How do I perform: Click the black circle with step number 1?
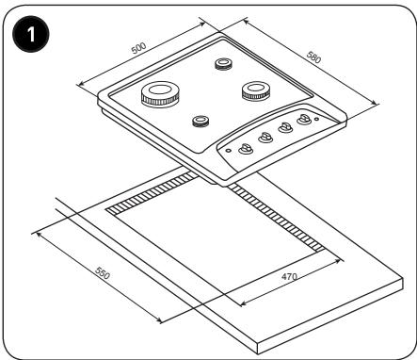click(x=31, y=34)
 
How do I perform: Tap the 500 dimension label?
click(x=138, y=48)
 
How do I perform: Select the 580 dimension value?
click(x=313, y=57)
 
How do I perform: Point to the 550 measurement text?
click(x=103, y=273)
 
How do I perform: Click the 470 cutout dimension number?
click(x=289, y=277)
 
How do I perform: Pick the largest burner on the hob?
click(x=161, y=94)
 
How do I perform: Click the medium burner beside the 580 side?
click(x=256, y=90)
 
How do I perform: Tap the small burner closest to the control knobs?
click(x=200, y=121)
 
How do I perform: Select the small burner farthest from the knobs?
click(x=223, y=64)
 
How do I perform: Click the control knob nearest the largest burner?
click(x=246, y=149)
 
